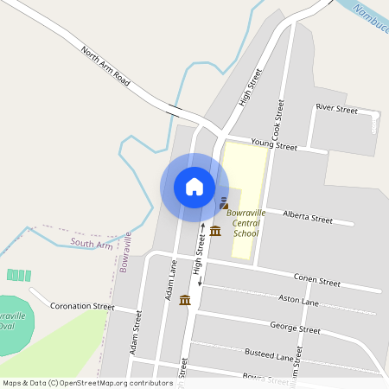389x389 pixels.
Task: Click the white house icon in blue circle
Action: click(x=194, y=187)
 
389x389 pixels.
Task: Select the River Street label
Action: click(x=336, y=109)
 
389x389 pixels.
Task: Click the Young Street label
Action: click(x=273, y=144)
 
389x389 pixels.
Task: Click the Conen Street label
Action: click(x=316, y=281)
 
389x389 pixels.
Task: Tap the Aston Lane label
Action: click(x=298, y=301)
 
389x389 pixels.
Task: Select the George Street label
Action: click(x=295, y=328)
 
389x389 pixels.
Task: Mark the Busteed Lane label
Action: click(x=271, y=355)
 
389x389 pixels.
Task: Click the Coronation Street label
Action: click(x=82, y=306)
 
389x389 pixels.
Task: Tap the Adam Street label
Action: click(x=135, y=334)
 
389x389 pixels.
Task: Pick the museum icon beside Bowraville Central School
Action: click(x=214, y=231)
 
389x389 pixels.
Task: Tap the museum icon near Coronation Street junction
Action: click(x=185, y=300)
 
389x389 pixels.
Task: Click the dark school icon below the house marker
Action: click(x=224, y=204)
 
